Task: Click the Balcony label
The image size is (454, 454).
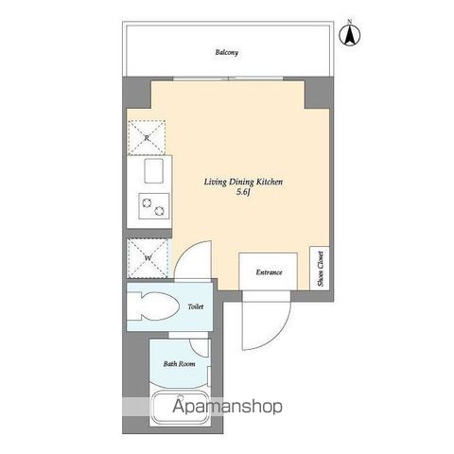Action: click(x=227, y=52)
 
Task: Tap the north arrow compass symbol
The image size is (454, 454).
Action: click(x=350, y=35)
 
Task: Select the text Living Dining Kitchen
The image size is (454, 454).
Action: click(x=243, y=182)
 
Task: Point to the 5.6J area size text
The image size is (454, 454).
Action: click(x=243, y=192)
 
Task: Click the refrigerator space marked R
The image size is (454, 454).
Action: click(x=147, y=138)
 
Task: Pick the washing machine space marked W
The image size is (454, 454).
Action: click(x=148, y=258)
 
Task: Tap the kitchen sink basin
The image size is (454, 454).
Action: click(x=153, y=170)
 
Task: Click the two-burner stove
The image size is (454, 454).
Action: click(x=154, y=206)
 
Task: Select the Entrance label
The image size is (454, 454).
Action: click(x=269, y=272)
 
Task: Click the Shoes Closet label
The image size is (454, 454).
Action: click(x=321, y=269)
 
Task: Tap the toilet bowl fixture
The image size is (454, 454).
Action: click(x=153, y=306)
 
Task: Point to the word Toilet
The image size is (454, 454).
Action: click(x=196, y=306)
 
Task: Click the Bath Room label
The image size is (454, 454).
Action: click(x=179, y=364)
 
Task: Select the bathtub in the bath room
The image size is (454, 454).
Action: click(x=181, y=408)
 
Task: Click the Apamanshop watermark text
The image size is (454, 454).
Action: click(x=227, y=407)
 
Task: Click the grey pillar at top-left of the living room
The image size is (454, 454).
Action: click(x=137, y=93)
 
